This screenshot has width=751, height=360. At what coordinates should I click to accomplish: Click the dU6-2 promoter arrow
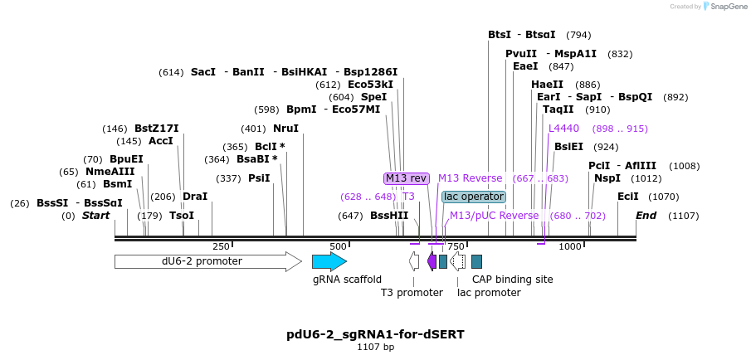pos(207,261)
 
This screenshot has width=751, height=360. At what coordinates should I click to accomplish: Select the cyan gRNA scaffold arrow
pos(329,261)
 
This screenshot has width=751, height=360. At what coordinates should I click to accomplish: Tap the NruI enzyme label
pos(285,129)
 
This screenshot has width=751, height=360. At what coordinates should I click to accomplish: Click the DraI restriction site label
pos(195,197)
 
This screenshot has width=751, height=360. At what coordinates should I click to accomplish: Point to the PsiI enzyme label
pos(259,178)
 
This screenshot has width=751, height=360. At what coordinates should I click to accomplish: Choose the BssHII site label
pos(389,216)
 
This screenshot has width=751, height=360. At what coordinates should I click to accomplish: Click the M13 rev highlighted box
pos(406,178)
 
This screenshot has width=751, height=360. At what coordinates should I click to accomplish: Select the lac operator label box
pos(474,197)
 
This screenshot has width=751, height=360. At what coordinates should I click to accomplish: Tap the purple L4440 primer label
pos(563,129)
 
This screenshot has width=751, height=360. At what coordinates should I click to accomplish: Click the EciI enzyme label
pos(628,197)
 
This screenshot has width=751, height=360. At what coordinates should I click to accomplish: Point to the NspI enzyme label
pos(607,178)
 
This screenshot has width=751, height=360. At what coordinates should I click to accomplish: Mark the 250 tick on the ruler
pos(222,246)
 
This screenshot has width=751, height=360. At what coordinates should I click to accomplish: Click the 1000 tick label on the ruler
pos(570,246)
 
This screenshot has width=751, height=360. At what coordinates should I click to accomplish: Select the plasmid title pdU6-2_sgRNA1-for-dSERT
pos(375,334)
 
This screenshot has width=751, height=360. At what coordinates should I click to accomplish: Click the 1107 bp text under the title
pos(375,347)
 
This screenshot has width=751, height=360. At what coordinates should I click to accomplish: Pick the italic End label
pos(646,216)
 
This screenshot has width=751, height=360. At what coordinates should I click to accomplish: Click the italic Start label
pos(95,216)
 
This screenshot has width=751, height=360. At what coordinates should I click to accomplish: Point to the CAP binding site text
pos(512,280)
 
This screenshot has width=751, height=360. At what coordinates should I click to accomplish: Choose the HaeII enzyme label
pos(548,85)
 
